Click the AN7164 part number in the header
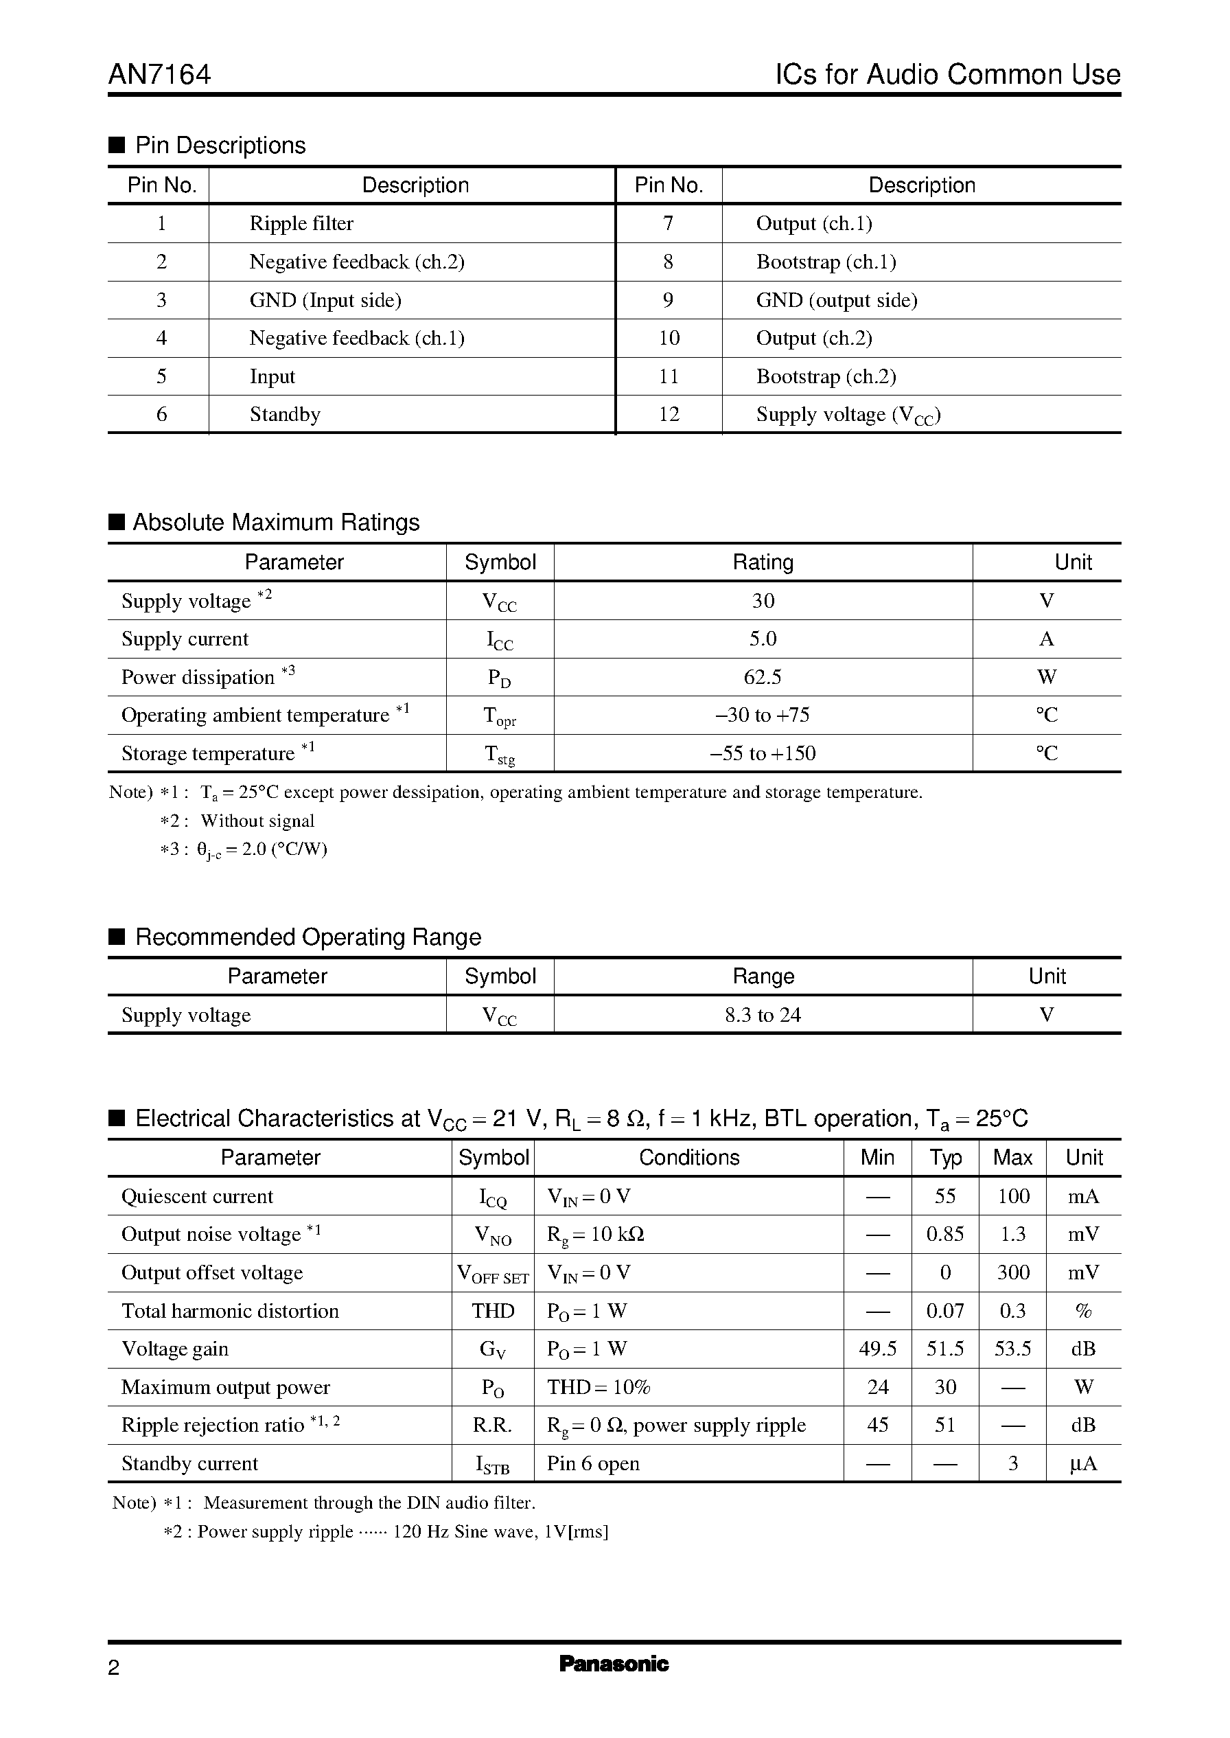pyautogui.click(x=160, y=74)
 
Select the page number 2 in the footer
pyautogui.click(x=114, y=1667)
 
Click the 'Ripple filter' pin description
pyautogui.click(x=301, y=223)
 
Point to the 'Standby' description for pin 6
pyautogui.click(x=285, y=415)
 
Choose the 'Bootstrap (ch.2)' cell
pyautogui.click(x=826, y=376)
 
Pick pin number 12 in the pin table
pyautogui.click(x=669, y=415)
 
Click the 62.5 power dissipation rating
pyautogui.click(x=763, y=677)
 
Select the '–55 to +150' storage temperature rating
pyautogui.click(x=763, y=754)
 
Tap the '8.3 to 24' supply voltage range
pyautogui.click(x=763, y=1015)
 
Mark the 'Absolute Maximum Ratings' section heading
pyautogui.click(x=276, y=523)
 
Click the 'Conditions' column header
pyautogui.click(x=688, y=1158)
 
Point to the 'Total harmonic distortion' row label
pyautogui.click(x=230, y=1312)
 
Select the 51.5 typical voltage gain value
pyautogui.click(x=945, y=1349)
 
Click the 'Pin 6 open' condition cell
pyautogui.click(x=593, y=1464)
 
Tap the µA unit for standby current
pyautogui.click(x=1083, y=1465)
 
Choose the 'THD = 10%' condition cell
pyautogui.click(x=599, y=1388)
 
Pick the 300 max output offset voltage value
pyautogui.click(x=1012, y=1273)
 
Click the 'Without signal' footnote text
pyautogui.click(x=257, y=821)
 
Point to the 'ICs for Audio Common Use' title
pyautogui.click(x=947, y=74)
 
